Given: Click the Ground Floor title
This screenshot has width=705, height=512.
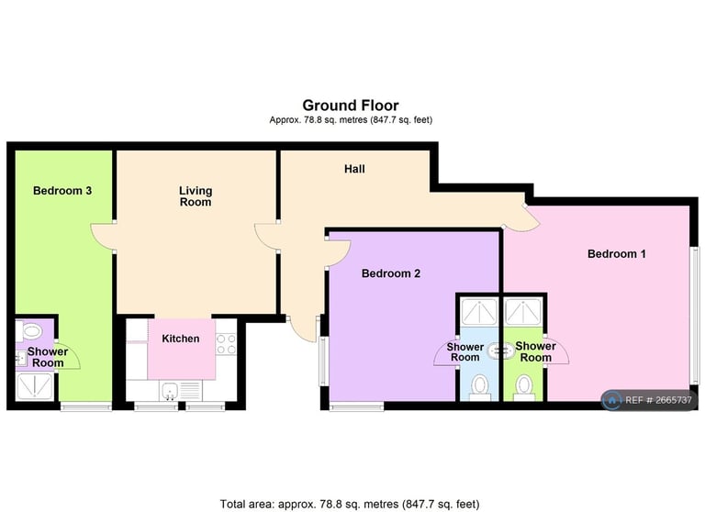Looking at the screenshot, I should pos(351,106).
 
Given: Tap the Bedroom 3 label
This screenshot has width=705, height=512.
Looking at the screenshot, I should pos(62,191).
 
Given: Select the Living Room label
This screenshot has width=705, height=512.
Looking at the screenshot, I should pos(195,196).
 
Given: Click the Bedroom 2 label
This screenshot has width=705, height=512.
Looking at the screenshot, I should pos(391,273).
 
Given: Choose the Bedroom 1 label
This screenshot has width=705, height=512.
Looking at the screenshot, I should pos(616,253).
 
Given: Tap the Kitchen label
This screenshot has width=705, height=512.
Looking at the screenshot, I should pos(181,339).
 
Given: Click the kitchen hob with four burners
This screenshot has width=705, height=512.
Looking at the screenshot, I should pos(226,343).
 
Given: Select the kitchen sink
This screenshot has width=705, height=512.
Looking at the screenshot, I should pos(170,392).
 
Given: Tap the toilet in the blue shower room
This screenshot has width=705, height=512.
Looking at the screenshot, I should pos(478,387).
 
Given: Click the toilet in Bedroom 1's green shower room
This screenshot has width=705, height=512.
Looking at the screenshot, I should pos(524,385).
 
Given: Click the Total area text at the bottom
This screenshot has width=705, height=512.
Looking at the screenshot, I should pos(350,504).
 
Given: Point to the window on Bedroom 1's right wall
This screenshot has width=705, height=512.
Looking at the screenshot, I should pos(694,312).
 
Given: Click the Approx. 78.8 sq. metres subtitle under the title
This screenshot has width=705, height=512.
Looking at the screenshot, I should pos(351,120).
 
